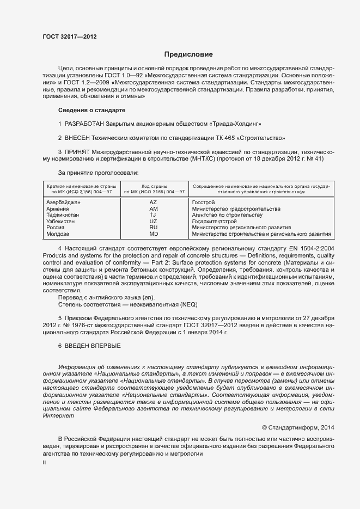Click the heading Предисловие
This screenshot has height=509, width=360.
click(188, 54)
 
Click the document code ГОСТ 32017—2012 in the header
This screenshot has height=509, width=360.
click(70, 36)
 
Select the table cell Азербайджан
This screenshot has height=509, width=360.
click(64, 203)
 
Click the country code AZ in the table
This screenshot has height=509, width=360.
click(153, 203)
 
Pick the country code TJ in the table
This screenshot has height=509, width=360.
click(153, 215)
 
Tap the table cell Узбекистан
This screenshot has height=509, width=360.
click(62, 222)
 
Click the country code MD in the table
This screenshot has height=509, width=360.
click(153, 234)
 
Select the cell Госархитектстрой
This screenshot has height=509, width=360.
click(215, 222)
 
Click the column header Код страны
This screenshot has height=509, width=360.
click(154, 186)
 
